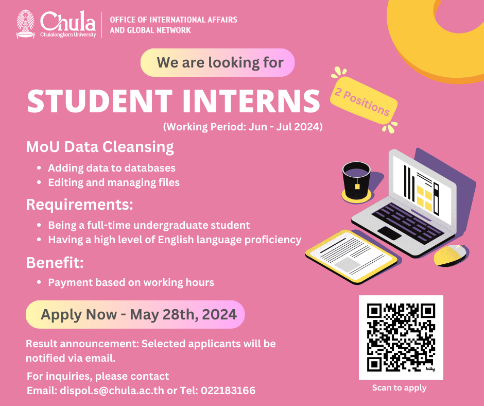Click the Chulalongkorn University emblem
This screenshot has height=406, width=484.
(25, 24)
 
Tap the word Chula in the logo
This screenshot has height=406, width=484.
(68, 21)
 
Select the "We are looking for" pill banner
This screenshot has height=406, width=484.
(218, 62)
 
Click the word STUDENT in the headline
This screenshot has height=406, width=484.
(100, 101)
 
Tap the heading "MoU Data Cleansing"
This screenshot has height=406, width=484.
(100, 147)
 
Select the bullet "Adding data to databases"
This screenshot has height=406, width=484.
(112, 168)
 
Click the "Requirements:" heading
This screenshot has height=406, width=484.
(80, 205)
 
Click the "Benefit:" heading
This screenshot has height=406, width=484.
(55, 263)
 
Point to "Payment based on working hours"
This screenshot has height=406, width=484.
(131, 282)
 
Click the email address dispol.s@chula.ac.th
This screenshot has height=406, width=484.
(112, 391)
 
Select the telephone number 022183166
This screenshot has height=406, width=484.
(228, 391)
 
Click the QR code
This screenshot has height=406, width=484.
(401, 337)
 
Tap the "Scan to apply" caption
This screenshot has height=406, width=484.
(399, 388)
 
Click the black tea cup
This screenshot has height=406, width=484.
(356, 180)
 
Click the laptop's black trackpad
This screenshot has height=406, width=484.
(390, 233)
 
